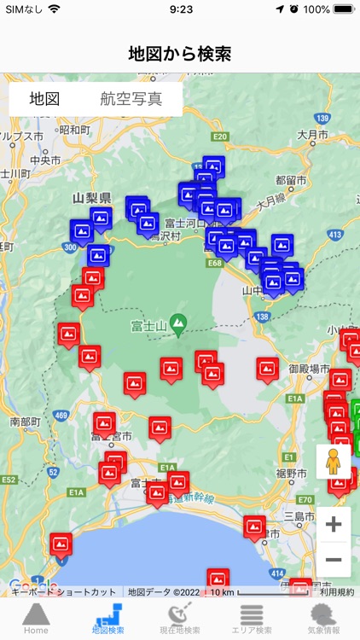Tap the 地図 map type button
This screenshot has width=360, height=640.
tap(44, 98)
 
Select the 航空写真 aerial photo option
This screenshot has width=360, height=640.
tap(131, 98)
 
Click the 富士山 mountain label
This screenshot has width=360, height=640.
tap(148, 324)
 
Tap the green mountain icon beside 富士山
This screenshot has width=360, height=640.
tap(177, 323)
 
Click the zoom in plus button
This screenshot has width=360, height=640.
tap(334, 524)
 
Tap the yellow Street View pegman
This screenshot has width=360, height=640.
tap(334, 462)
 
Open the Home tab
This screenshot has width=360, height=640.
tap(36, 619)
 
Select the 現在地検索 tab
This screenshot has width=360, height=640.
tap(180, 619)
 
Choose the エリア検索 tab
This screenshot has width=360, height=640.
tap(252, 619)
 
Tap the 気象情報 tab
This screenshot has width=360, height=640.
tap(323, 619)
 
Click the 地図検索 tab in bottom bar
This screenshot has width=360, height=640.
tap(107, 619)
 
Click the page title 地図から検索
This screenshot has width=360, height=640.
tap(180, 54)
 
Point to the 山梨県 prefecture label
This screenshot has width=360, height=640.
tap(92, 198)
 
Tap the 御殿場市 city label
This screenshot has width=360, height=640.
tap(309, 368)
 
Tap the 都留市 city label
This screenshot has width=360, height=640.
tap(292, 180)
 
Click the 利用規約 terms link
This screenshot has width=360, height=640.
tap(337, 591)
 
